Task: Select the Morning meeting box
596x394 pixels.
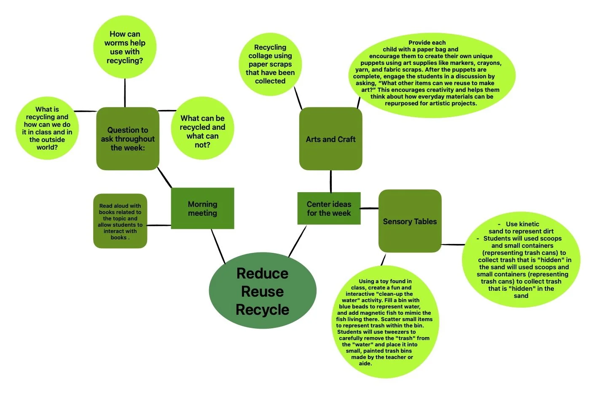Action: [202, 208]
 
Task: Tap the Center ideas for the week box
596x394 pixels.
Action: [329, 208]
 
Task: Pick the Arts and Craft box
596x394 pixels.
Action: [330, 139]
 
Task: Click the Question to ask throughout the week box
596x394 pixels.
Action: [127, 139]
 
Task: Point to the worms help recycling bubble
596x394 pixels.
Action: [125, 47]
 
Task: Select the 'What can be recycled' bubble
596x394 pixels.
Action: [202, 131]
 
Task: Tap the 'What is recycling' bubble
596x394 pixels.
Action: [47, 128]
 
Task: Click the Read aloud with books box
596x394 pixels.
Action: [120, 221]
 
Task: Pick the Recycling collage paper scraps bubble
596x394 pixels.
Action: [270, 64]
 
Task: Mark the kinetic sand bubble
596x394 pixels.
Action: [521, 260]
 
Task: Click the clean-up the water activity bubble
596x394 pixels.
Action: [384, 322]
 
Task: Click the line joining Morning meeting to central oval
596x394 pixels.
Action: [218, 246]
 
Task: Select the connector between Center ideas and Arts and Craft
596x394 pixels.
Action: [330, 181]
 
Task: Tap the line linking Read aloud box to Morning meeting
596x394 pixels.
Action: [159, 225]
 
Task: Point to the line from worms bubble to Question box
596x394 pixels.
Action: [125, 93]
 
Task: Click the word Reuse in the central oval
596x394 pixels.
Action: [262, 292]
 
